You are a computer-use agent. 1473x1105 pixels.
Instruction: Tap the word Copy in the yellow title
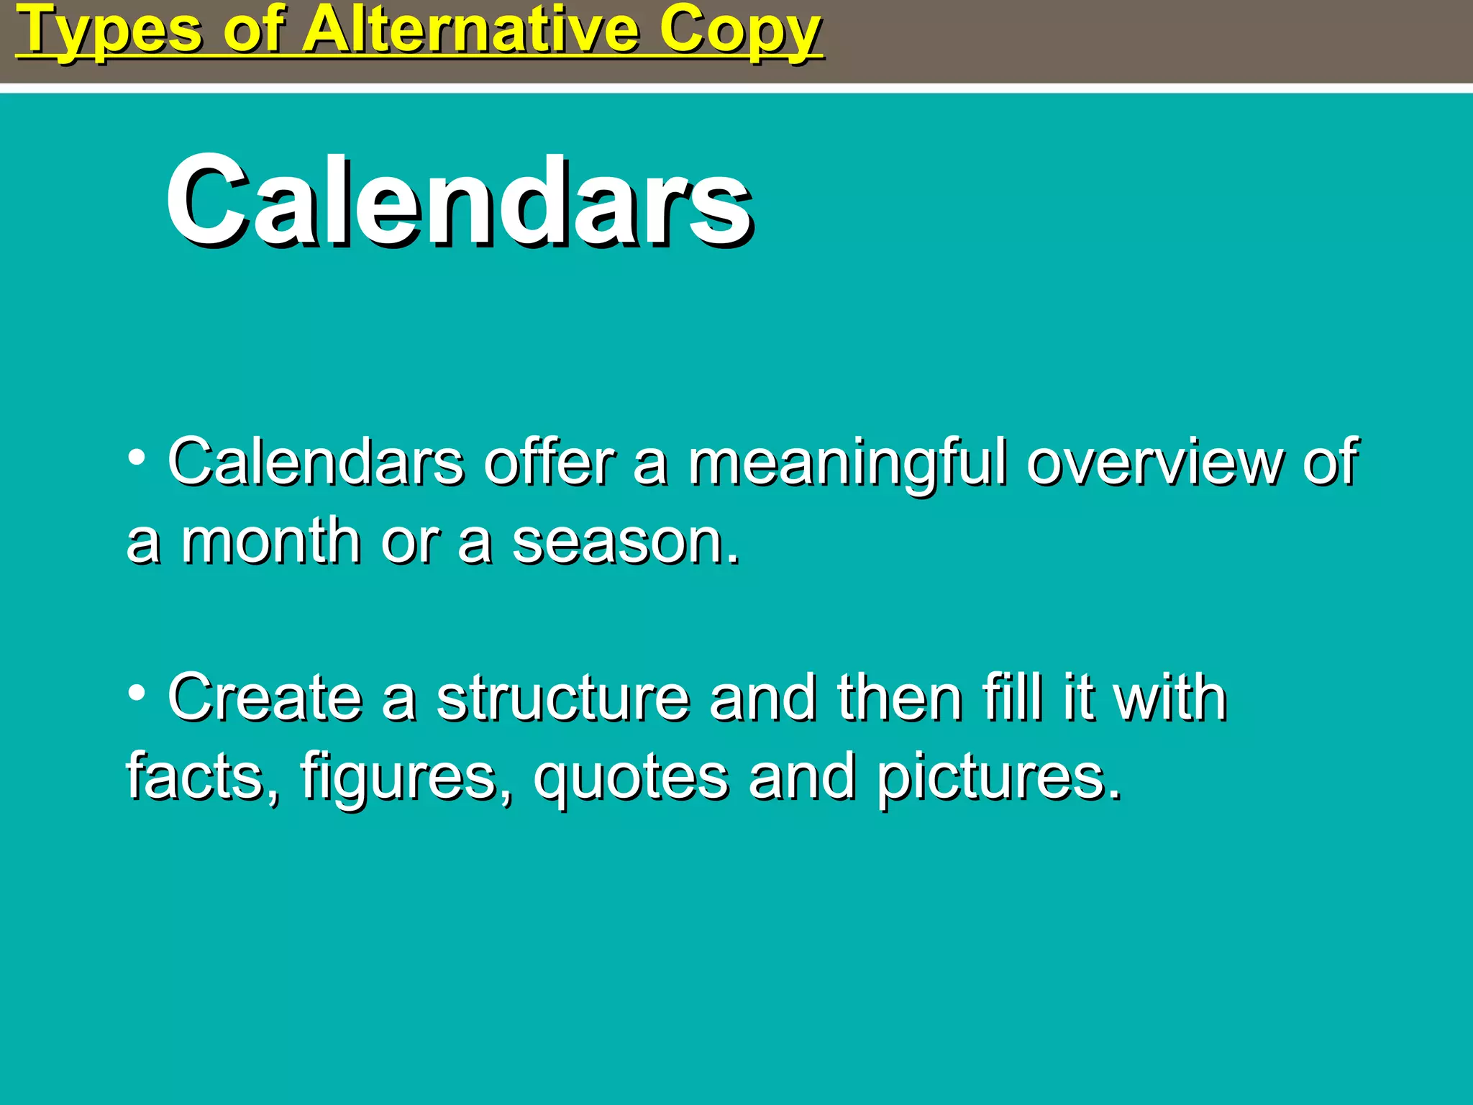740,32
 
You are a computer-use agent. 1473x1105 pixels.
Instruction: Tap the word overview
1154,463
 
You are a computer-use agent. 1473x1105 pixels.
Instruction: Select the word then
900,698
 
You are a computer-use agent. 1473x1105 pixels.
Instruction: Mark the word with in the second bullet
1169,698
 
